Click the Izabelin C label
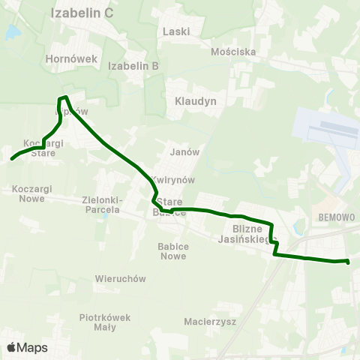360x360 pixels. coord(82,13)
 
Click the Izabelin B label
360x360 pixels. coord(133,66)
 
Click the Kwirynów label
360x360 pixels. coord(172,180)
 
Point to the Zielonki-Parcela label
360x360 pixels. coord(101,205)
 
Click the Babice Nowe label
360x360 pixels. coord(172,250)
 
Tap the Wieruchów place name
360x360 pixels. coord(120,278)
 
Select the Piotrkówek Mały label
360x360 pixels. coord(105,322)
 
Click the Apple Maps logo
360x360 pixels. coord(27,347)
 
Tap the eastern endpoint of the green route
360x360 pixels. coord(348,261)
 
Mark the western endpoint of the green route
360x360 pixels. coord(12,158)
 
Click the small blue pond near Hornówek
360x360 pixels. coord(12,33)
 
